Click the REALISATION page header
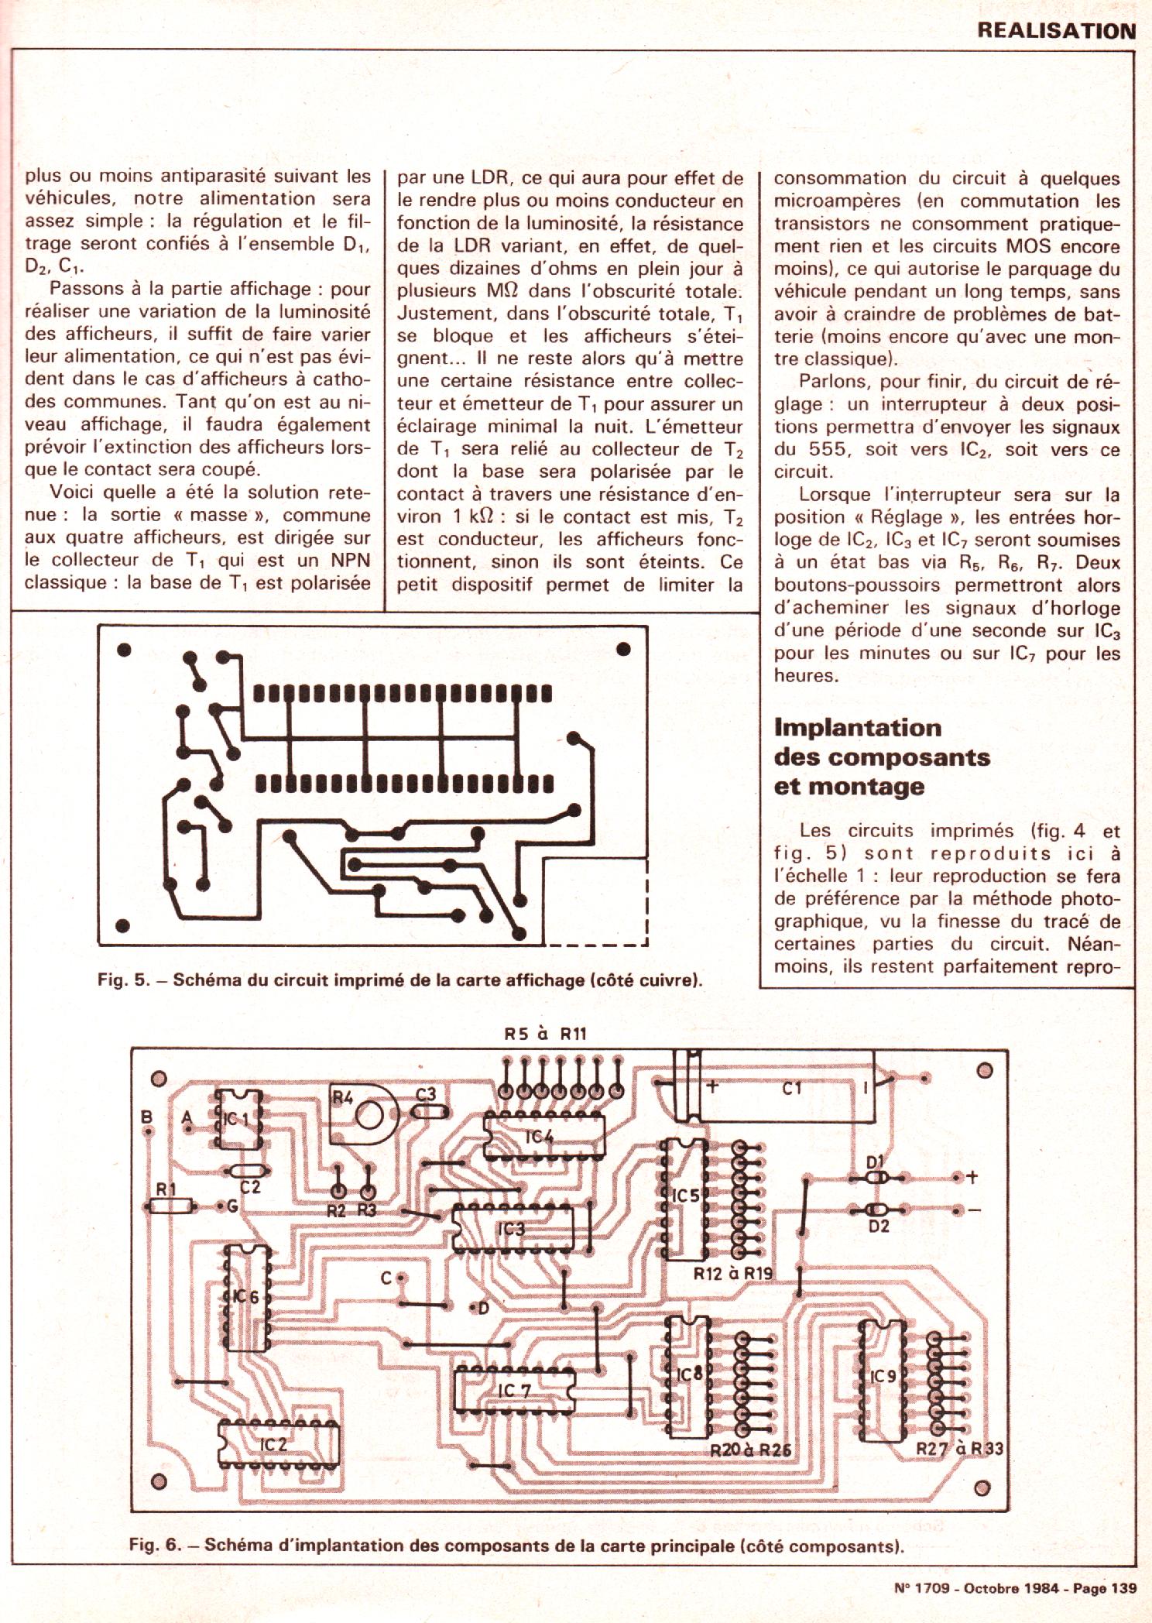point(1055,31)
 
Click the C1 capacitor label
point(791,1089)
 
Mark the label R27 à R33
point(959,1450)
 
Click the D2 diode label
point(878,1247)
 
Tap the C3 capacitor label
point(426,1094)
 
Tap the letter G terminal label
point(231,1206)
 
